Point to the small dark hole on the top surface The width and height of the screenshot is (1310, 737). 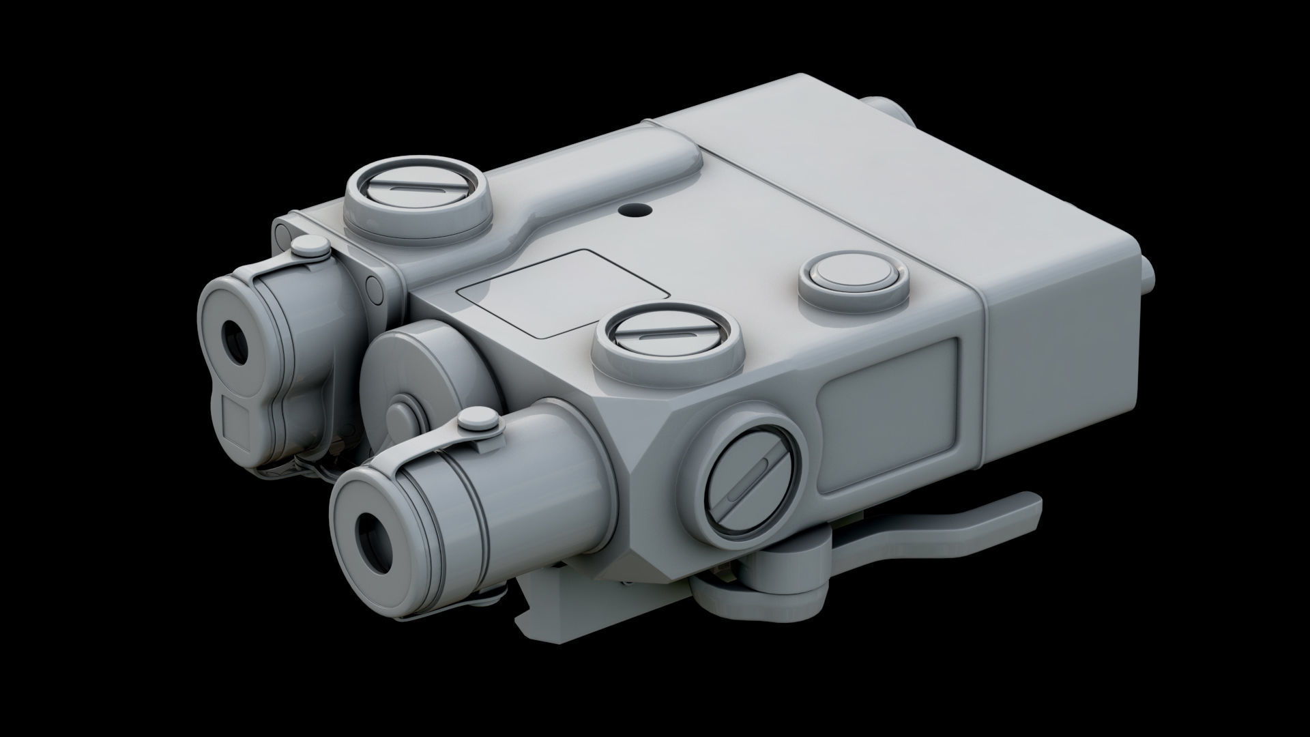click(637, 207)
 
